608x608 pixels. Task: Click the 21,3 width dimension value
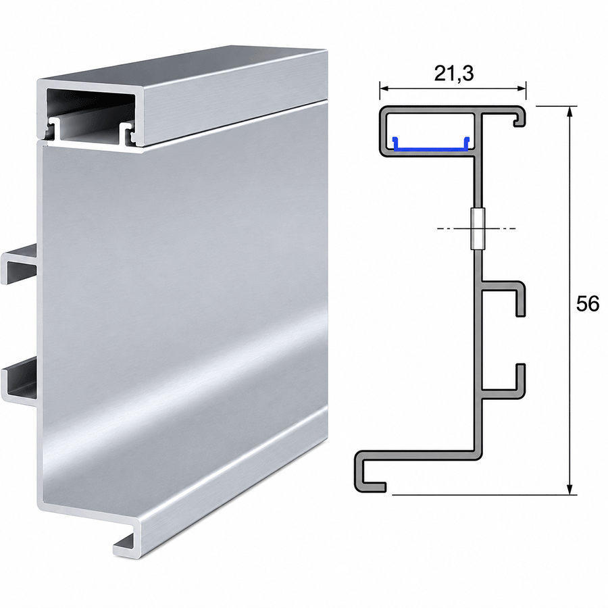tap(454, 73)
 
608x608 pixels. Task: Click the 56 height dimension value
tap(588, 303)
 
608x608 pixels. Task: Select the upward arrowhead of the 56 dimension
tap(569, 111)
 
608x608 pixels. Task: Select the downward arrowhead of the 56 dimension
tap(569, 489)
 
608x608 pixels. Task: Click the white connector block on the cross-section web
tap(478, 229)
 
